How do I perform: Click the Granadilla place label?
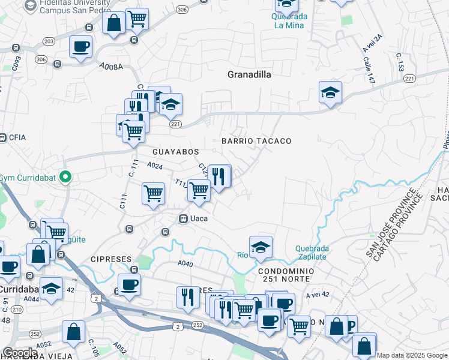[249, 74]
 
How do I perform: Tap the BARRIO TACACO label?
[256, 141]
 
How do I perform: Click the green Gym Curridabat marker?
[68, 177]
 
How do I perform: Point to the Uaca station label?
[199, 218]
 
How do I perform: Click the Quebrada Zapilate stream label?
[312, 253]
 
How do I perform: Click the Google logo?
[20, 353]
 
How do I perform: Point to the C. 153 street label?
[399, 63]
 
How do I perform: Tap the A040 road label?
[185, 263]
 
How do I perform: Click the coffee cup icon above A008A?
[80, 46]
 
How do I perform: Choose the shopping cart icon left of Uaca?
[154, 193]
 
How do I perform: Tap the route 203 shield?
[49, 41]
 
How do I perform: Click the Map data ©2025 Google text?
[412, 355]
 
